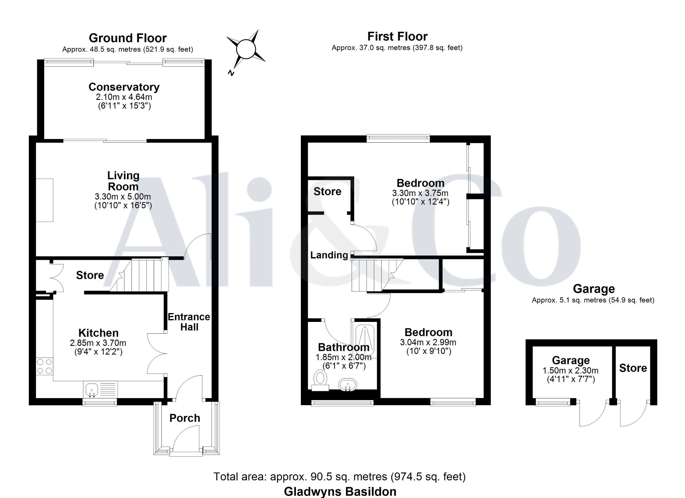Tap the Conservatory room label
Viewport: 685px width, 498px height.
(x=124, y=87)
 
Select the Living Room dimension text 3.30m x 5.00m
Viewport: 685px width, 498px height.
(x=123, y=197)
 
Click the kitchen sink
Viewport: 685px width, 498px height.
(x=100, y=389)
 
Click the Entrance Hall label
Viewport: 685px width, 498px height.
(x=189, y=322)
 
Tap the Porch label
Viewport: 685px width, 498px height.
(x=185, y=418)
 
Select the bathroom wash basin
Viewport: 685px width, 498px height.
(x=348, y=385)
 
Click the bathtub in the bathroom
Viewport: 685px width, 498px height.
(x=364, y=341)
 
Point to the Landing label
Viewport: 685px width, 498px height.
(x=329, y=255)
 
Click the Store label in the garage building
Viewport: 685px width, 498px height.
(x=633, y=368)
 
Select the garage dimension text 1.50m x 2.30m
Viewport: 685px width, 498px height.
(x=571, y=370)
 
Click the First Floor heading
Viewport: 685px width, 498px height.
(x=398, y=37)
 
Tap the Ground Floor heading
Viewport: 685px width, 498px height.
(x=128, y=38)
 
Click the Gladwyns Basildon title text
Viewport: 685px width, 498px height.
(x=340, y=492)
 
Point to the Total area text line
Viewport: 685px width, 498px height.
(x=340, y=477)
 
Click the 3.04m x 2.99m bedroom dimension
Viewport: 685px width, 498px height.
(x=428, y=342)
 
